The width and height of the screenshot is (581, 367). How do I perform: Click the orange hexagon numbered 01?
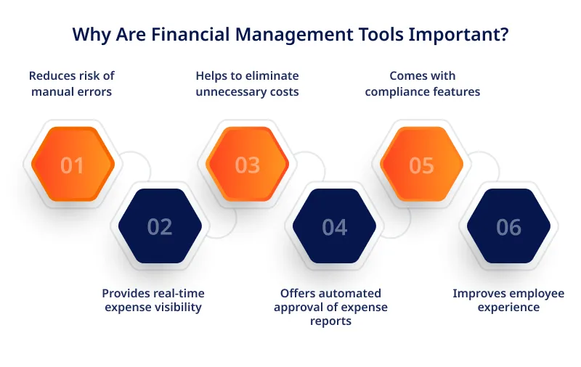pos(73,164)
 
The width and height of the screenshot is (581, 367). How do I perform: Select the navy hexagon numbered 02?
pos(160,226)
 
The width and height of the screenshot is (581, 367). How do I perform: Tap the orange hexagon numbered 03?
pos(247,164)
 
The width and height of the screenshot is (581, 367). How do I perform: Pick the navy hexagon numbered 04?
pos(334,226)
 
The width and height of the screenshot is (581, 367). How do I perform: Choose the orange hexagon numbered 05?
pos(422,164)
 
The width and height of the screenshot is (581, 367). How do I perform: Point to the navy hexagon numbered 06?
pos(509,226)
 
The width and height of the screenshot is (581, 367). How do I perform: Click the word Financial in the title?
pos(190,34)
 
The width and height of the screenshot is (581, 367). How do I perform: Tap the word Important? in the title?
pos(459,35)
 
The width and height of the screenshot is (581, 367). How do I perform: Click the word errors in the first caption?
pos(97,91)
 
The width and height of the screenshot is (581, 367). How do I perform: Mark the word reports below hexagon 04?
pos(330,321)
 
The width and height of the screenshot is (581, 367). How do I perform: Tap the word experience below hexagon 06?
pos(508,308)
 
